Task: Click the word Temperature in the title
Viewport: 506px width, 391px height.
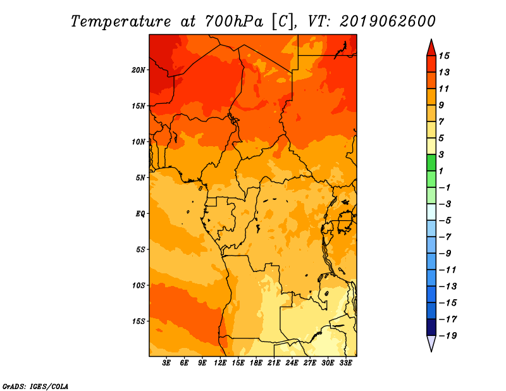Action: [121, 22]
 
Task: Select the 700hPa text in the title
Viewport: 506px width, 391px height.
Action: [234, 22]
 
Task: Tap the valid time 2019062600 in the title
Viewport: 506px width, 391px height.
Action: [388, 22]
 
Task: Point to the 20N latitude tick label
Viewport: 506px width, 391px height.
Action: [139, 70]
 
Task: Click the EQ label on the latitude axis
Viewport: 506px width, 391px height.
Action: [140, 214]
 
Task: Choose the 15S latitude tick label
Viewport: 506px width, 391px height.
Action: [139, 321]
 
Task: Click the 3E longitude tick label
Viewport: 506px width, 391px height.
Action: [166, 363]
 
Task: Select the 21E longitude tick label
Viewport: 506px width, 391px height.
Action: [274, 363]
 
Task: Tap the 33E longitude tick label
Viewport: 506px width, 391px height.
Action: [345, 363]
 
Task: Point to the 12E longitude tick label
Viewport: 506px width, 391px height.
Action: [220, 363]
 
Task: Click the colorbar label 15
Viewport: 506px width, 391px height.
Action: [444, 56]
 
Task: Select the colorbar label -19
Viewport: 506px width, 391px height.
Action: [448, 336]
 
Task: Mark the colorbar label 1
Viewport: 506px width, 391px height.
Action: [441, 171]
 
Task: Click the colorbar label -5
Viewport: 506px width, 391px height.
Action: [445, 221]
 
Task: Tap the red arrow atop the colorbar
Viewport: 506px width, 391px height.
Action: [431, 48]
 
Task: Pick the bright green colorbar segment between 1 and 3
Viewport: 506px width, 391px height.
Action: [431, 163]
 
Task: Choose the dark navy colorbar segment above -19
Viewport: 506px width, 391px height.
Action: [431, 327]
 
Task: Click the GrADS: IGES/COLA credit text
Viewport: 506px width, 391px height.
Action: [35, 386]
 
